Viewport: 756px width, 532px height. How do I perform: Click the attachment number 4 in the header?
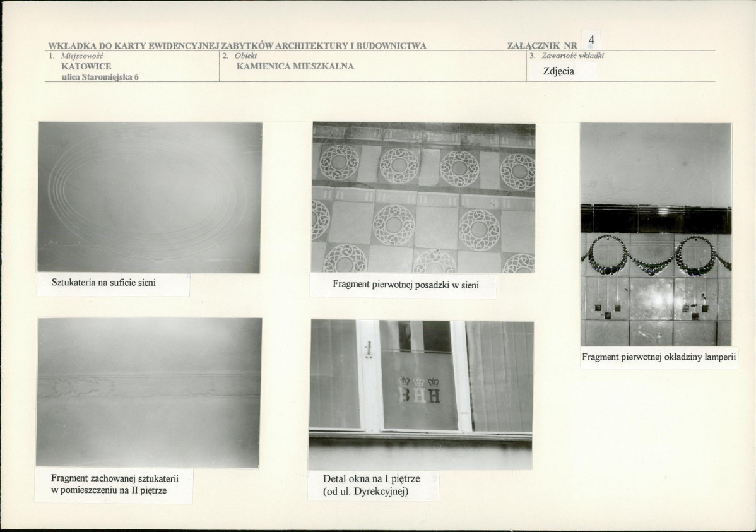tap(591, 40)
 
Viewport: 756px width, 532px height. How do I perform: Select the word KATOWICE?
tap(86, 66)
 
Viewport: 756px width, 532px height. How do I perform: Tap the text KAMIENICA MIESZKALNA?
tap(295, 66)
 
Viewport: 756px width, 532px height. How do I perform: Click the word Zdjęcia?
tap(558, 71)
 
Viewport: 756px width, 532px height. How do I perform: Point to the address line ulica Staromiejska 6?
tap(100, 77)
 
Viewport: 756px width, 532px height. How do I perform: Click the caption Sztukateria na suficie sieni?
tap(103, 283)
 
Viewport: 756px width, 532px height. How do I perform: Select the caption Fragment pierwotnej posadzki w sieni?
tap(406, 285)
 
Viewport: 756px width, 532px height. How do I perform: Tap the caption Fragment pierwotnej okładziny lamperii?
tap(659, 357)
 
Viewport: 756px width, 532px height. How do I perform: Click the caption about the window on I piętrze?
tap(371, 485)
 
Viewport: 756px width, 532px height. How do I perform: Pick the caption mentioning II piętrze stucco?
tap(115, 484)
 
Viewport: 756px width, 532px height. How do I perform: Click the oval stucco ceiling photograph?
tap(150, 198)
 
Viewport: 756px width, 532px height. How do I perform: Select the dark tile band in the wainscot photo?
tap(656, 220)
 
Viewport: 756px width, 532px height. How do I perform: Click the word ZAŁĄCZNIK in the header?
tap(533, 46)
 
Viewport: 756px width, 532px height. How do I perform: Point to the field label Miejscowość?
tap(82, 56)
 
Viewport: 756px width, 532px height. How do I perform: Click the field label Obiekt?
tap(246, 56)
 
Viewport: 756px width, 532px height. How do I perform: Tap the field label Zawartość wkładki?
tap(573, 56)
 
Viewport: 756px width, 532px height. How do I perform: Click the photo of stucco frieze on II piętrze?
tap(149, 393)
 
